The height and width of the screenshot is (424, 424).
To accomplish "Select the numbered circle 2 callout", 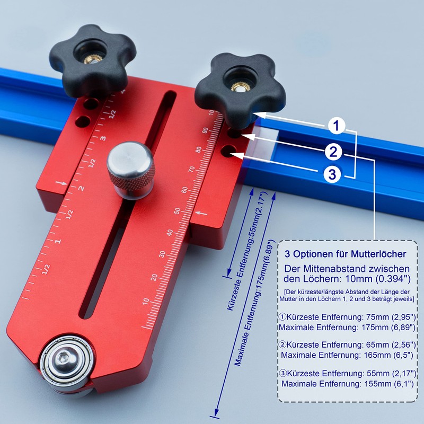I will click(333, 152).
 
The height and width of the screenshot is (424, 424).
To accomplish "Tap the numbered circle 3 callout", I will click(332, 174).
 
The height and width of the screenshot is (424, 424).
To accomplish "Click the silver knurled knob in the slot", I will click(130, 165).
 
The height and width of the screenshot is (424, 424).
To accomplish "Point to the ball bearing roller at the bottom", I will click(65, 363).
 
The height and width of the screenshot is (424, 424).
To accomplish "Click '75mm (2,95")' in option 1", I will click(387, 317).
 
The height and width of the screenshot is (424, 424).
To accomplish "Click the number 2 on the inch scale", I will click(81, 188).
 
